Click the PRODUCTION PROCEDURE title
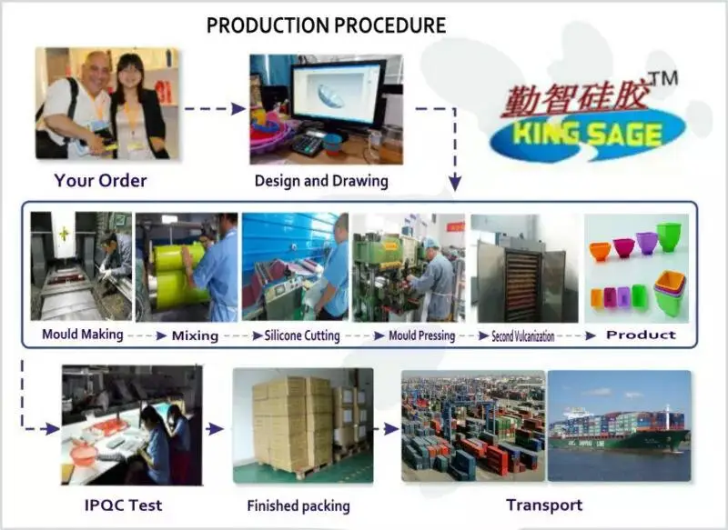point(326,25)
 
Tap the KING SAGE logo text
point(587,134)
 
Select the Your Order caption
point(100,180)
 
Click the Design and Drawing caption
point(321,181)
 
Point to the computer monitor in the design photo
point(338,96)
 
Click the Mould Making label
point(83,335)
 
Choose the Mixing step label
point(195,335)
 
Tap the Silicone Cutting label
point(302,335)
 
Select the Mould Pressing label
point(421,335)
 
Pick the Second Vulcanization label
point(522,335)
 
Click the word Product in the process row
point(641,335)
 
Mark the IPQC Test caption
point(123,505)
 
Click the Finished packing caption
point(298,505)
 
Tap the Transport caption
point(544,505)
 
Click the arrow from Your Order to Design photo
point(215,109)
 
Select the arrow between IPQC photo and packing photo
point(214,429)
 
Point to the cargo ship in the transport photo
point(619,430)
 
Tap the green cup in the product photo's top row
point(669,237)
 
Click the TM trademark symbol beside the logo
point(664,78)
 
